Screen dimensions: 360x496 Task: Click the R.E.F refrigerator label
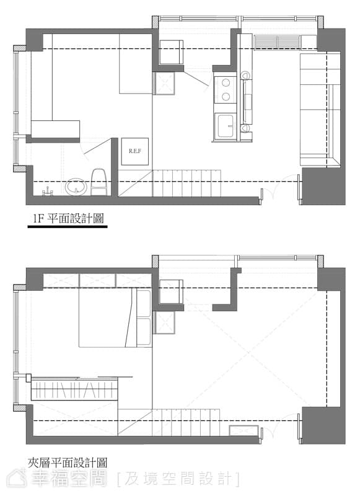coord(134,151)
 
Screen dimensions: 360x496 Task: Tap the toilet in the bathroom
coord(99,182)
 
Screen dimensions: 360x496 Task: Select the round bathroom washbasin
coord(76,187)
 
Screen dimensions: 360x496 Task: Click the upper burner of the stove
coord(226,83)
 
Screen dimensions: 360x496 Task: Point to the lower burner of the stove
coord(226,97)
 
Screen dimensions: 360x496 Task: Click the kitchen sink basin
coord(226,126)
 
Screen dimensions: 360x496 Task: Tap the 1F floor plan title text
coord(69,218)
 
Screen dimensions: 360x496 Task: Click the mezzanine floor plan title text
coord(68,463)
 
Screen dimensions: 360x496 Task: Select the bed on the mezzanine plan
coord(115,319)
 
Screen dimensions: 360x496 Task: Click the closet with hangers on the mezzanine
coord(74,390)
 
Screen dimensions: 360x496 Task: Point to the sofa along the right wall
coord(320,110)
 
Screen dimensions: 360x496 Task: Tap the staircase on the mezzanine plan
coord(169,422)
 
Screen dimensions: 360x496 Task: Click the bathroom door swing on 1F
coord(96,147)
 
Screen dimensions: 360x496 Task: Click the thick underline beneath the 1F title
coord(68,226)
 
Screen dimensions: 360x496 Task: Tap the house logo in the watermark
coord(17,478)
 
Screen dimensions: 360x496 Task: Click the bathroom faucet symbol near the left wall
coord(47,192)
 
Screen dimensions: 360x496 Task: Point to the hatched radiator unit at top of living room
coord(277,42)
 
